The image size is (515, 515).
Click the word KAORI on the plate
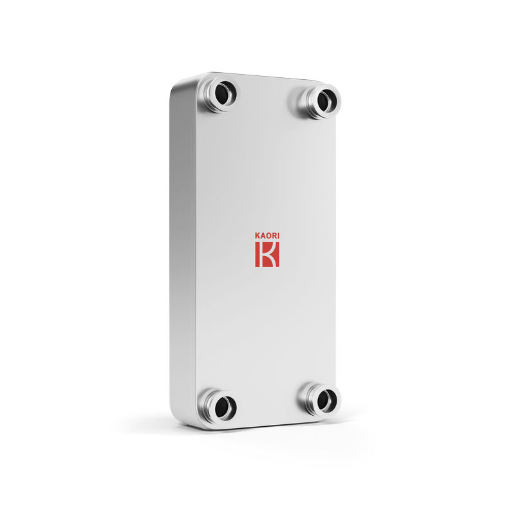click(267, 236)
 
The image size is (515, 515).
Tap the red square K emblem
click(267, 255)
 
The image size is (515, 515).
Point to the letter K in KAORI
click(257, 236)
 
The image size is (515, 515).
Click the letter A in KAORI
click(262, 236)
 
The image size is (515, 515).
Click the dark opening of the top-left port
click(225, 94)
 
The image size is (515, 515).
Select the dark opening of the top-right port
click(327, 99)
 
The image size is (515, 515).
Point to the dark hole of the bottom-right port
click(326, 400)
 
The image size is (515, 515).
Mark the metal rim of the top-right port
click(311, 97)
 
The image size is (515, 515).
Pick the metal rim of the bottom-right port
click(311, 398)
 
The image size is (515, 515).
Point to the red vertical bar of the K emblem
click(259, 255)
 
